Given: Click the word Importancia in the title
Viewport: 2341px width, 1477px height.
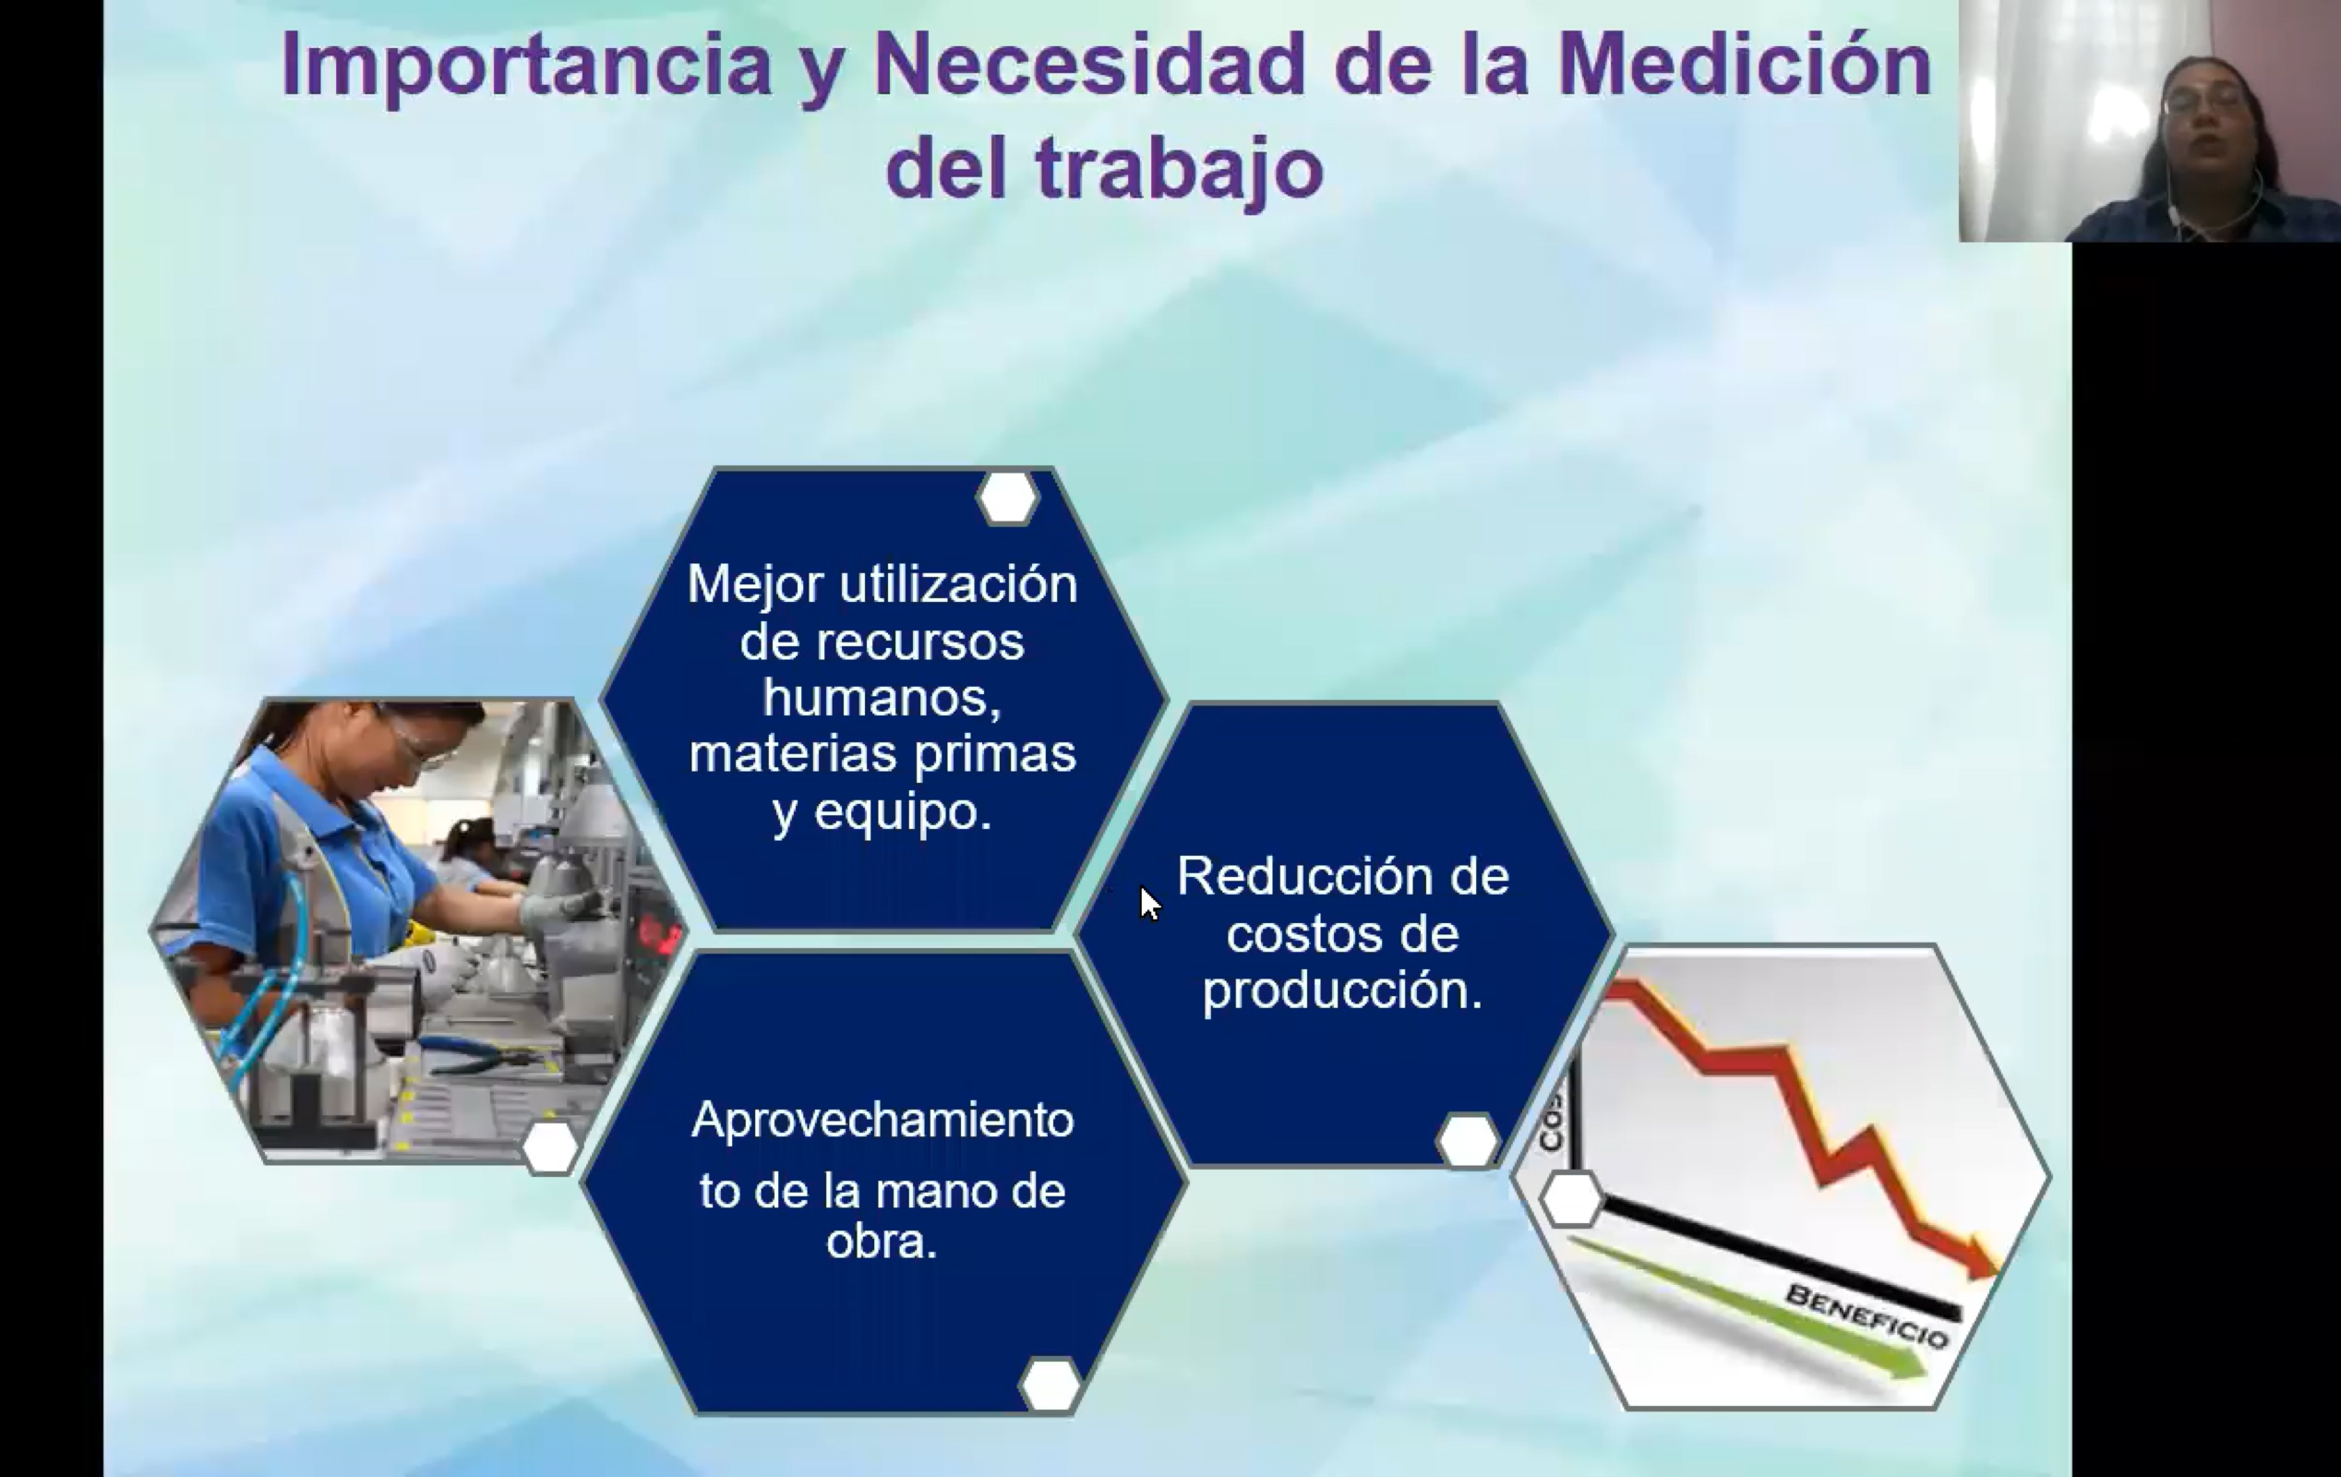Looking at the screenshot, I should [x=526, y=66].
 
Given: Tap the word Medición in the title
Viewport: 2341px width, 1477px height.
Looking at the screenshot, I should [x=1744, y=66].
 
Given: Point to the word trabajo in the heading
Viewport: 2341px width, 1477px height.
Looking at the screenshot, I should [x=1179, y=170].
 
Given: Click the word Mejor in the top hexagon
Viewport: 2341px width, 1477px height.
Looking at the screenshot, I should [x=755, y=585].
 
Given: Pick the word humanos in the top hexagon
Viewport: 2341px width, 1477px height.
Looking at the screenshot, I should [x=881, y=698].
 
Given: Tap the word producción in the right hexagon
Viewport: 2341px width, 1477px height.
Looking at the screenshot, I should [x=1340, y=991].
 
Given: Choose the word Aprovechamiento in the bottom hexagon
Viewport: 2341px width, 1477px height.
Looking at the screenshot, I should [x=882, y=1120].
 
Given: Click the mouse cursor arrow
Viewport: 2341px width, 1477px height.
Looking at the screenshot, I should [x=1150, y=902].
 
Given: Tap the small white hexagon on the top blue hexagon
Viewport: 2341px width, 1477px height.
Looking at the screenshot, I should [x=1007, y=498].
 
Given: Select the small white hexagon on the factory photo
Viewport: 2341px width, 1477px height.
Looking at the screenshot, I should [x=550, y=1147].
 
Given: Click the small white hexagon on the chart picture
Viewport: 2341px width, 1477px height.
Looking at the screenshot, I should [x=1571, y=1199].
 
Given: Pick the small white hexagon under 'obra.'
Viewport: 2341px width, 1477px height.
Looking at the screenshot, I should [x=1050, y=1384].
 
